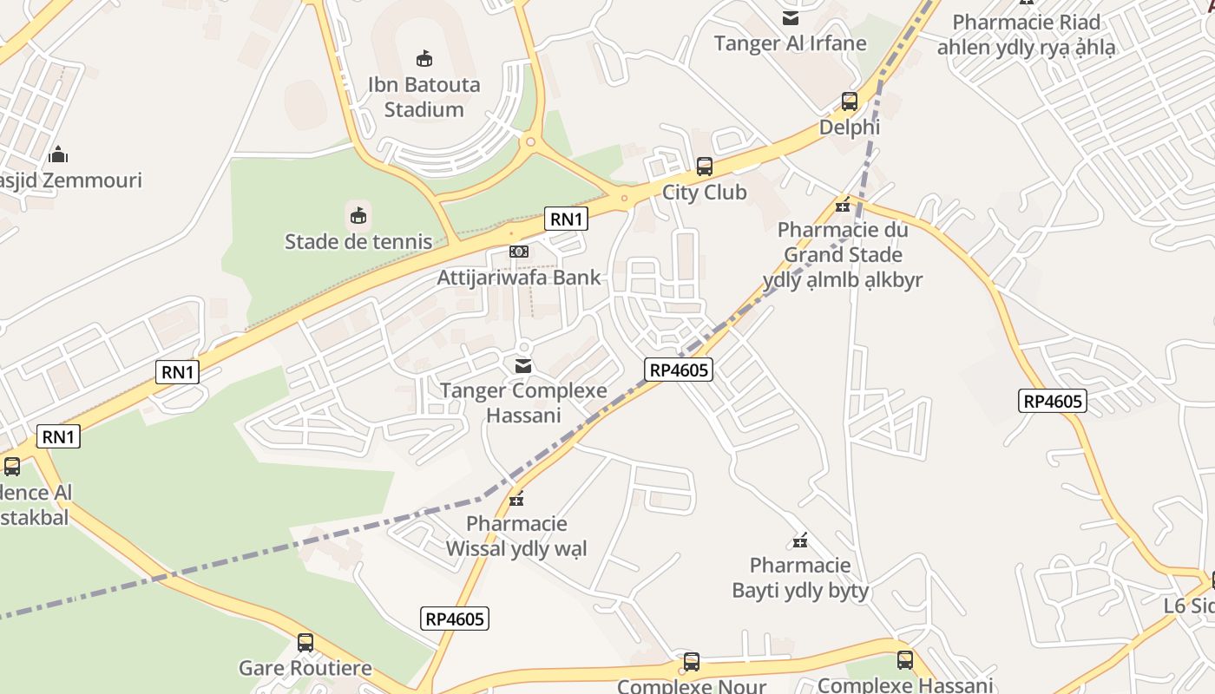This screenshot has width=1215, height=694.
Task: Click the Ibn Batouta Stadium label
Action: pos(424,97)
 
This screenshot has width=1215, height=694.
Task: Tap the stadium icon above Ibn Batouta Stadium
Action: pos(424,58)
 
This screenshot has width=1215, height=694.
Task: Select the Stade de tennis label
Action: pos(358,241)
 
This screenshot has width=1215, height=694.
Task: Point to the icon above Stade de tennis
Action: pos(358,214)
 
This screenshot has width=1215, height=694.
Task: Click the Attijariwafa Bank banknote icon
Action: pos(519,252)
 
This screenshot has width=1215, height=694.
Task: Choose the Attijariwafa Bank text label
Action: pos(519,278)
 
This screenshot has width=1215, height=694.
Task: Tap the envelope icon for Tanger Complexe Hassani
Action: pos(523,366)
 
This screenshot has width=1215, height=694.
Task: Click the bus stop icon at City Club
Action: pos(705,167)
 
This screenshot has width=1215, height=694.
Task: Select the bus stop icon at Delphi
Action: pos(850,101)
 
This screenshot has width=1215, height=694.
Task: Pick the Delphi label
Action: pos(850,128)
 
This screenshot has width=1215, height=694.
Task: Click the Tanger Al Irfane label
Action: pos(790,43)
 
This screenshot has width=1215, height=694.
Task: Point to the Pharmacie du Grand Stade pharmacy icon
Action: pos(842,206)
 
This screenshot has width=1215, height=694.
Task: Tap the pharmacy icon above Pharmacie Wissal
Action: pos(516,499)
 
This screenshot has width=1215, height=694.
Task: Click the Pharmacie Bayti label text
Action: pos(800,578)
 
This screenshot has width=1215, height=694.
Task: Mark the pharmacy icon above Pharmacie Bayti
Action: pos(800,541)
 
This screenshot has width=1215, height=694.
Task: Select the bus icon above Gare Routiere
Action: pos(305,643)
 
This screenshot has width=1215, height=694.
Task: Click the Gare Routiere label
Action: pos(305,668)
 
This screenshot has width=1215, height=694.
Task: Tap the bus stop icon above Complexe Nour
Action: pos(692,662)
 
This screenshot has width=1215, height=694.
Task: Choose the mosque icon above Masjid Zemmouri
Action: pos(58,154)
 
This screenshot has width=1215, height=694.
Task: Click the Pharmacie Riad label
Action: pos(1026,23)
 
